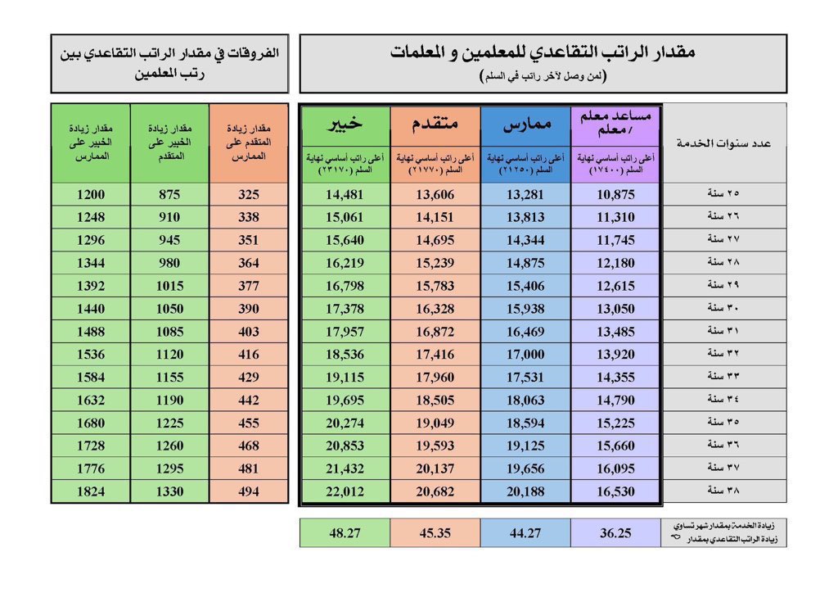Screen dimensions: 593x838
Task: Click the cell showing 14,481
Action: [345, 195]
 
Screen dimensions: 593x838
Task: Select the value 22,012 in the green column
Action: [345, 492]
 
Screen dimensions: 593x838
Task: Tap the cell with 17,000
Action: [525, 355]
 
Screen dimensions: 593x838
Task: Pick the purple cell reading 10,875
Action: [615, 195]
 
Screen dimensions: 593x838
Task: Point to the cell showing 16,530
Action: [615, 492]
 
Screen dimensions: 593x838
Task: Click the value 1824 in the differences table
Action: [90, 492]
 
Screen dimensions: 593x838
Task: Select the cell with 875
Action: [169, 195]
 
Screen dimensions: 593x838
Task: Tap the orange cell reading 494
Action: [248, 492]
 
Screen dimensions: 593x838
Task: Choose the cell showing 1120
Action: [169, 355]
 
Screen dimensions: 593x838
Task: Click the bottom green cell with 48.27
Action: [345, 532]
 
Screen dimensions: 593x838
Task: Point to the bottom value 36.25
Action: [615, 532]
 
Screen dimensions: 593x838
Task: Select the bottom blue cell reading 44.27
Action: [525, 532]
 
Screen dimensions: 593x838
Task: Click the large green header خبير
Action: [345, 124]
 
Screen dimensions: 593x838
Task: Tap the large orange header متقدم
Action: [435, 124]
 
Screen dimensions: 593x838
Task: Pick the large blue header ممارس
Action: [525, 124]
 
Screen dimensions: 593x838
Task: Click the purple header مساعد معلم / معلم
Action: [615, 124]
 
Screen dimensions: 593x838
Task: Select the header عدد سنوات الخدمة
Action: [723, 143]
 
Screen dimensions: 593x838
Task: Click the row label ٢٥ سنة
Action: [723, 195]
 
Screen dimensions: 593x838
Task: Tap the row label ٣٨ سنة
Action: [723, 492]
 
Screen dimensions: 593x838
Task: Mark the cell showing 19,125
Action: [525, 446]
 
